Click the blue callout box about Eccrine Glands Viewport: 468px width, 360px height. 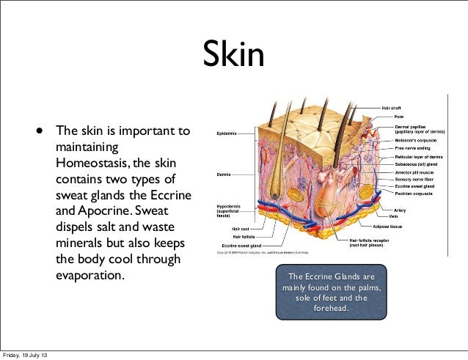(x=331, y=293)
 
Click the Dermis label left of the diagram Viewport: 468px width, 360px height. (x=222, y=174)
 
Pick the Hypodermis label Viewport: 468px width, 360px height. (x=227, y=207)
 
